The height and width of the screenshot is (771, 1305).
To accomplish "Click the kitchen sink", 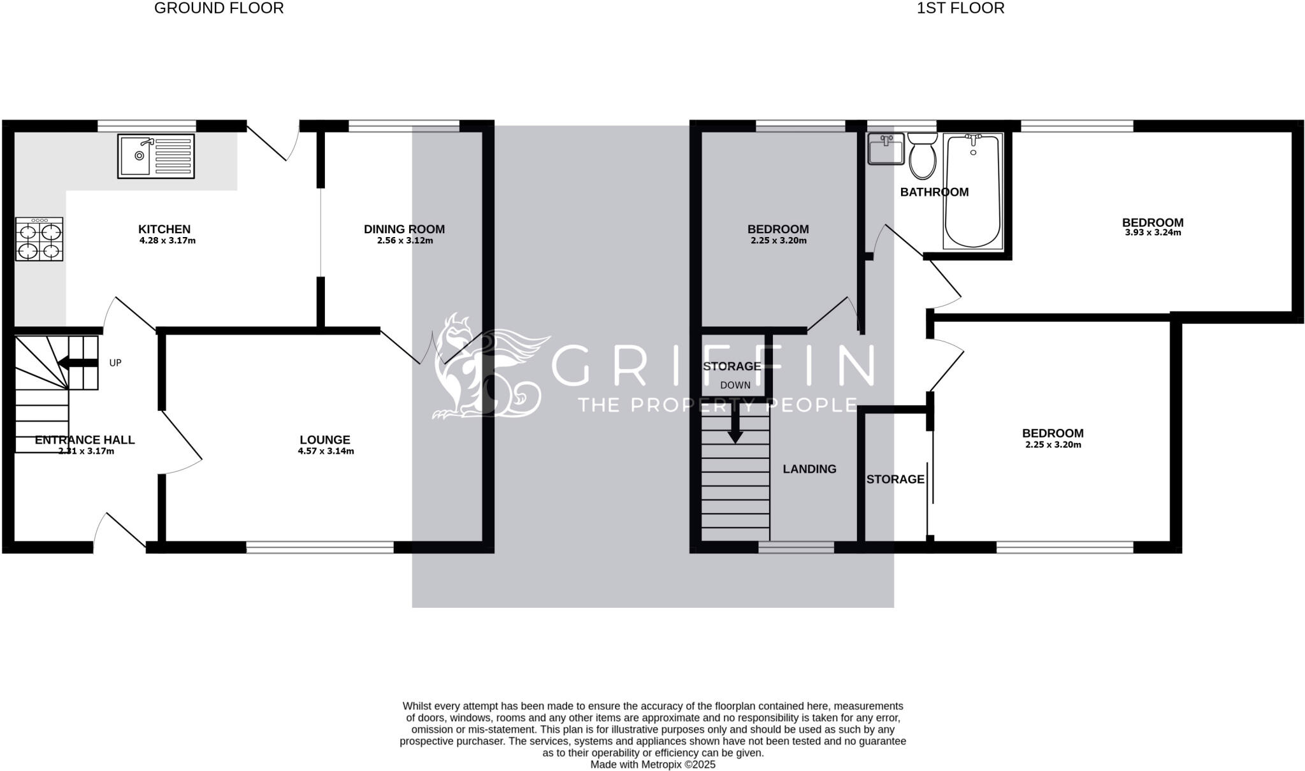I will click(155, 155).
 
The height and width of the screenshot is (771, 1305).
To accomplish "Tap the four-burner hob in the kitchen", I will click(40, 240).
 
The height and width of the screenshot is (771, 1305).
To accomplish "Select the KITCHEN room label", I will click(164, 229).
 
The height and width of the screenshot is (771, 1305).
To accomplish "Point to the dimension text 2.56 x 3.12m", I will click(405, 241).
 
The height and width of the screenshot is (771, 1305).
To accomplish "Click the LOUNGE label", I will click(325, 440).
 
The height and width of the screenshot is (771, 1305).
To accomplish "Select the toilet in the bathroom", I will click(921, 156).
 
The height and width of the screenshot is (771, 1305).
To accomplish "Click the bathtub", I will click(972, 191).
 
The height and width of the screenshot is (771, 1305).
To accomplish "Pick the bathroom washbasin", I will click(886, 149).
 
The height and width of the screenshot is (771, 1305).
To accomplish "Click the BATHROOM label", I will click(934, 192).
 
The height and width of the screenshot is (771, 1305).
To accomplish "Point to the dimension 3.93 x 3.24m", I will click(1153, 233).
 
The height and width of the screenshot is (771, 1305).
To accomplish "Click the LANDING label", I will click(809, 469).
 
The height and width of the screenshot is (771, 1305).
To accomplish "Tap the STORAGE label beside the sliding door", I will click(895, 479).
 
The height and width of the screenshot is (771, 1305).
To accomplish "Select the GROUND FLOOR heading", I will click(219, 8).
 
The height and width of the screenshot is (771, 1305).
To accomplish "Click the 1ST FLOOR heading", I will click(960, 8).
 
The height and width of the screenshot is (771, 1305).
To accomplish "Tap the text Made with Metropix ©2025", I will click(652, 765).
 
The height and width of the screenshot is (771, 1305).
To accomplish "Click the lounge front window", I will click(320, 547).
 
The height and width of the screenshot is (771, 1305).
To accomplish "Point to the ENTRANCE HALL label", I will click(85, 440).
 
